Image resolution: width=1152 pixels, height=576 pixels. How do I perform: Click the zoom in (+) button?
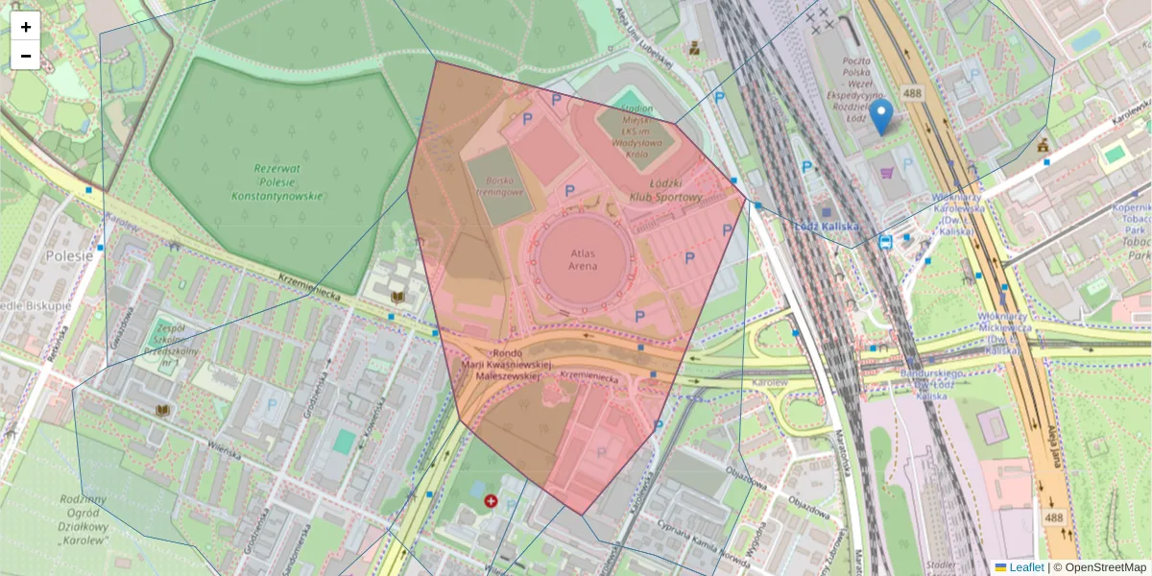click(25, 27)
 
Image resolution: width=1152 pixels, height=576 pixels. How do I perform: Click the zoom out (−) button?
click(25, 56)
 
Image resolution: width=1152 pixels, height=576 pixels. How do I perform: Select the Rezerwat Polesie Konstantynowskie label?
click(276, 181)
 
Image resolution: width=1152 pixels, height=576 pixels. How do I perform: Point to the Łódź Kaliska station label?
click(826, 226)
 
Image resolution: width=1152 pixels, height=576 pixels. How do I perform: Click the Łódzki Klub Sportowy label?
click(665, 190)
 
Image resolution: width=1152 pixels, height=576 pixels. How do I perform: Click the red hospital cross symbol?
click(492, 500)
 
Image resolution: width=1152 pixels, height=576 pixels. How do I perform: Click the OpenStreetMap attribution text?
click(1105, 567)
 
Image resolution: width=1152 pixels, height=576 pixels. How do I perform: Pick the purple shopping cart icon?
click(885, 174)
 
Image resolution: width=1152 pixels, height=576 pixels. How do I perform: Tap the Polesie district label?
click(69, 256)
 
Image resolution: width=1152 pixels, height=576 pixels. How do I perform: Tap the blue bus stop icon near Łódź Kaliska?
click(885, 241)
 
